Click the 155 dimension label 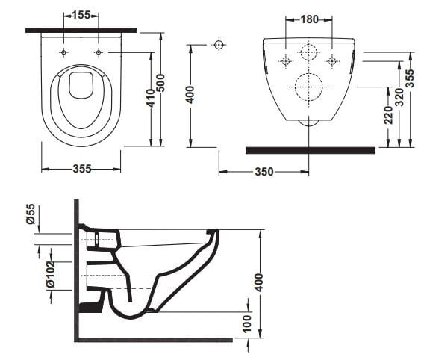pos(81,15)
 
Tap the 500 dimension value pos(160,83)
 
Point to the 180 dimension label pos(310,19)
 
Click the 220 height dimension pos(388,115)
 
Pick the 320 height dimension pos(399,97)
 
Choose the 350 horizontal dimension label pos(264,172)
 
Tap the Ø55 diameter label pos(31,214)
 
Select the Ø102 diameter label pos(51,274)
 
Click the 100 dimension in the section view pos(246,323)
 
